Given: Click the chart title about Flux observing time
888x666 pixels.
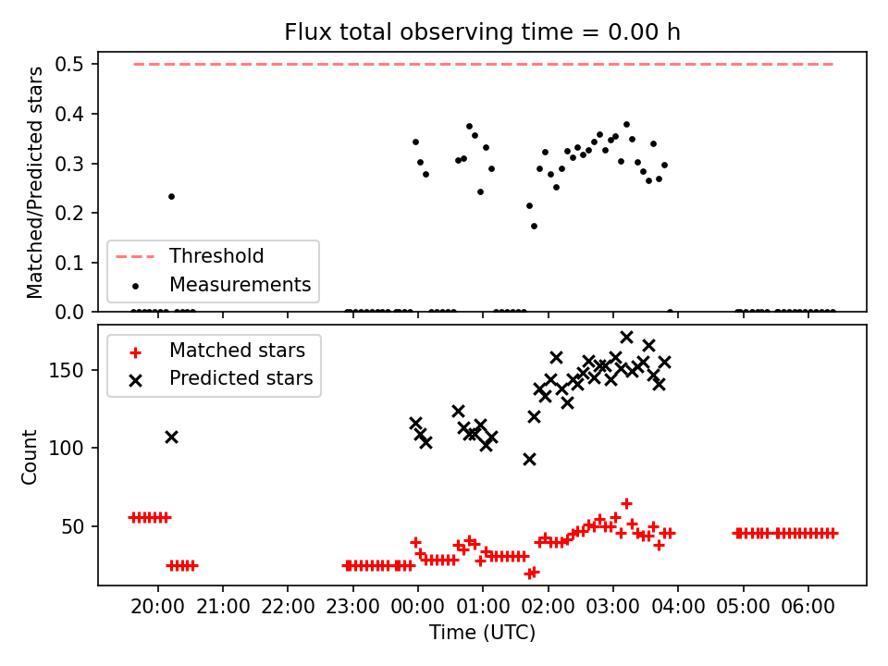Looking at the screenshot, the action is coord(482,32).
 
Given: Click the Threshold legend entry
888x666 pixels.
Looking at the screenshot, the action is coord(189,256).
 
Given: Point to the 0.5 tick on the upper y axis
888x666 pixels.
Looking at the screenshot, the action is coord(69,65).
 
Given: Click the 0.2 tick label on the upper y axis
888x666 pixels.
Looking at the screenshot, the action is coord(69,214).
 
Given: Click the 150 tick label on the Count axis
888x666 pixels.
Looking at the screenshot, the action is coord(67,370).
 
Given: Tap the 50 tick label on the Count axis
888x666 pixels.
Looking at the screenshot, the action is coord(72,526).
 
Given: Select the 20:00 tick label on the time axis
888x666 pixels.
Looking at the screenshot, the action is coord(157,607).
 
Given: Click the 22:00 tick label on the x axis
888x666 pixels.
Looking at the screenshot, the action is coord(288,607).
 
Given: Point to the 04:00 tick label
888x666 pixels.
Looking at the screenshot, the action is coord(678,607).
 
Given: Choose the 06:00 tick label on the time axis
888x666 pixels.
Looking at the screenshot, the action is coord(808,607).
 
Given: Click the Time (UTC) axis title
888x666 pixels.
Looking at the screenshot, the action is coord(482,632).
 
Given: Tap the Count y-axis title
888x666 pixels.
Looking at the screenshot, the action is coord(30,457).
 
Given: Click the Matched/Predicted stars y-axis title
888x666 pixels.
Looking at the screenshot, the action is coord(34,182).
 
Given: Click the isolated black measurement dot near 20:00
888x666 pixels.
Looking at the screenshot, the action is coord(172,196).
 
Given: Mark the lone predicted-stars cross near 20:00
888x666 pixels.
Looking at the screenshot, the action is coord(172,438).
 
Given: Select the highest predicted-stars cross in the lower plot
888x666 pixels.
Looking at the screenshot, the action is coord(626,337).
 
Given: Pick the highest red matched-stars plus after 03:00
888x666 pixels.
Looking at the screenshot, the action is coord(626,503).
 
